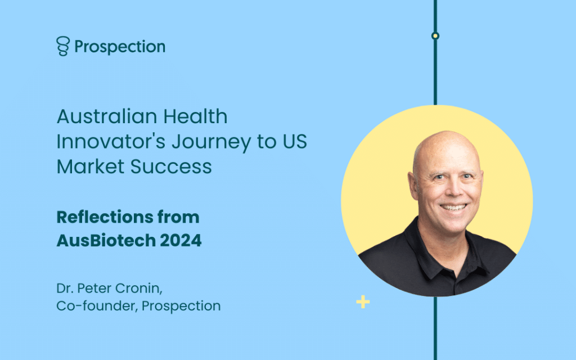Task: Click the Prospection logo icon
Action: pos(63,46)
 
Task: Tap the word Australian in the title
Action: pos(106,116)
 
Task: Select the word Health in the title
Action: pos(195,116)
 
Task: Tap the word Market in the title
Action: pos(91,166)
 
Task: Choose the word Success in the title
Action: pos(171,166)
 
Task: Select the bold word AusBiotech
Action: pos(106,241)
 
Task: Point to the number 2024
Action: pos(181,241)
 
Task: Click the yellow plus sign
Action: pos(363,302)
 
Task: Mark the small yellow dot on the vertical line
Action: pos(435,35)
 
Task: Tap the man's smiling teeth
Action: pos(454,207)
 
